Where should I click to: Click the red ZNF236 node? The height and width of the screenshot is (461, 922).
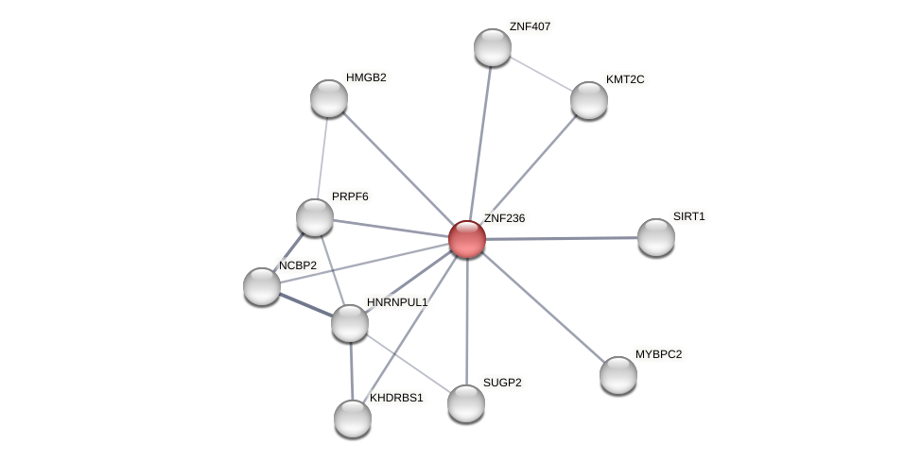(466, 239)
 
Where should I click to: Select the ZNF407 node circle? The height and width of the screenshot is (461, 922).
(492, 47)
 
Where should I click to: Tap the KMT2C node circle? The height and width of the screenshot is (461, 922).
(588, 100)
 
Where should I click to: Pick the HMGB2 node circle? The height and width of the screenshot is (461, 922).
(329, 98)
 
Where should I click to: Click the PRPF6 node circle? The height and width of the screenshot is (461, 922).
(315, 217)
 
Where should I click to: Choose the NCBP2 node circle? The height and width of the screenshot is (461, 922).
(262, 285)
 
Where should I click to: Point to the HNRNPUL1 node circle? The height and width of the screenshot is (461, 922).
(349, 323)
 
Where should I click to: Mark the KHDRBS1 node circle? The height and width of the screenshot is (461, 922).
(353, 418)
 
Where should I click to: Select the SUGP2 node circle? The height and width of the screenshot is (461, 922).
(465, 403)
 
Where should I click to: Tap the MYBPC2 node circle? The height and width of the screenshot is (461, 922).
(618, 375)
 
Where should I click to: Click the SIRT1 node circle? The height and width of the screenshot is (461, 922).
(655, 237)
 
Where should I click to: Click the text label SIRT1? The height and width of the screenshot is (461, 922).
(688, 216)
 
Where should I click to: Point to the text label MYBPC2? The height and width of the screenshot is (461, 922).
(658, 354)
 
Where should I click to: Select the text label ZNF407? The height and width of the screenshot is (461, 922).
(530, 26)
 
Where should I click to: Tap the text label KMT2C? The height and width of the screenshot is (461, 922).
(625, 79)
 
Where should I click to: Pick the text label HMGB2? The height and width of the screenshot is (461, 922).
(366, 77)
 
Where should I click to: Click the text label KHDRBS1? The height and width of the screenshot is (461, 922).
(396, 398)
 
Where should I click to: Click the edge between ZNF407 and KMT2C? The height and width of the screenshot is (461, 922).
(540, 74)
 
